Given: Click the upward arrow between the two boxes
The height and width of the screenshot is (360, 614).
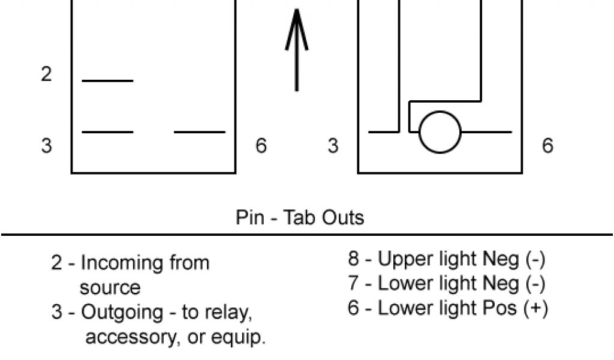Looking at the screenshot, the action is click(296, 51).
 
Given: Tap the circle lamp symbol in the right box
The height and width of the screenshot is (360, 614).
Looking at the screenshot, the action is click(440, 131).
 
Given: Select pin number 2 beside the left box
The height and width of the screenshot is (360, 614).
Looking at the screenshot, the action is click(46, 75).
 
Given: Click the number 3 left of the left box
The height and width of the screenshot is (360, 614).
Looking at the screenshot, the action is click(46, 146).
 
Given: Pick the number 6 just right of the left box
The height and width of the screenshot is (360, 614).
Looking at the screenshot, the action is click(261, 146).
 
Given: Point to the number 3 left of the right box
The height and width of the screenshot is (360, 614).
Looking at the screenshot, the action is click(333, 146).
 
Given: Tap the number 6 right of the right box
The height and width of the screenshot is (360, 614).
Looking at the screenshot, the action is click(547, 146).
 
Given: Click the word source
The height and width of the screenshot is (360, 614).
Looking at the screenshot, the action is click(110, 287).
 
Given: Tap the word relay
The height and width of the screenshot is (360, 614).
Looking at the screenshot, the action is click(223, 313).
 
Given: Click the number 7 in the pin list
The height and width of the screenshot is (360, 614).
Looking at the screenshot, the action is click(354, 283).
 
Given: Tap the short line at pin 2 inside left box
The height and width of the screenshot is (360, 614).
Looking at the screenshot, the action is click(107, 80).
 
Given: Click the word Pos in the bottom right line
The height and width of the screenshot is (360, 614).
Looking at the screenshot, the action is click(501, 308).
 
